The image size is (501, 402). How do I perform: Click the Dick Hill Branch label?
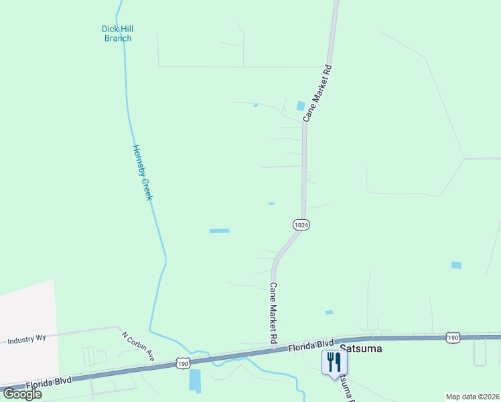117,33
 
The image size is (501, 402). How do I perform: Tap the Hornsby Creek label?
143,173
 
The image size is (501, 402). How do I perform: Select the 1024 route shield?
301,225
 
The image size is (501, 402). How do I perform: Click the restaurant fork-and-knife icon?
334,362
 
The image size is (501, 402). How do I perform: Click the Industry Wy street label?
27,340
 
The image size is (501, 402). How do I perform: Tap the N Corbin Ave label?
138,348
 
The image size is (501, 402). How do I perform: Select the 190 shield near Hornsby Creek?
184,362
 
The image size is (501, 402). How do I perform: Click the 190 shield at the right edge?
453,339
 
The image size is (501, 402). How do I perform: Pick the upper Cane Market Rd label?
318,92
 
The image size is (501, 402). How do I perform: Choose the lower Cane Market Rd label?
273,313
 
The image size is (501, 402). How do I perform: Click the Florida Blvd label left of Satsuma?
311,346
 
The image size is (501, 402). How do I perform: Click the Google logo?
21,394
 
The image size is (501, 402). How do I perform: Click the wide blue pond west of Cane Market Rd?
219,231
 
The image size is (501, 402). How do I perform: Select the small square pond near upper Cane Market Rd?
300,106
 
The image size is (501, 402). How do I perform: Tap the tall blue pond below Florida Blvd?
195,381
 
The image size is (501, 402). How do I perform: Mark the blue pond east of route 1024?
456,265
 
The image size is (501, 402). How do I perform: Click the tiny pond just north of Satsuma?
329,312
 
